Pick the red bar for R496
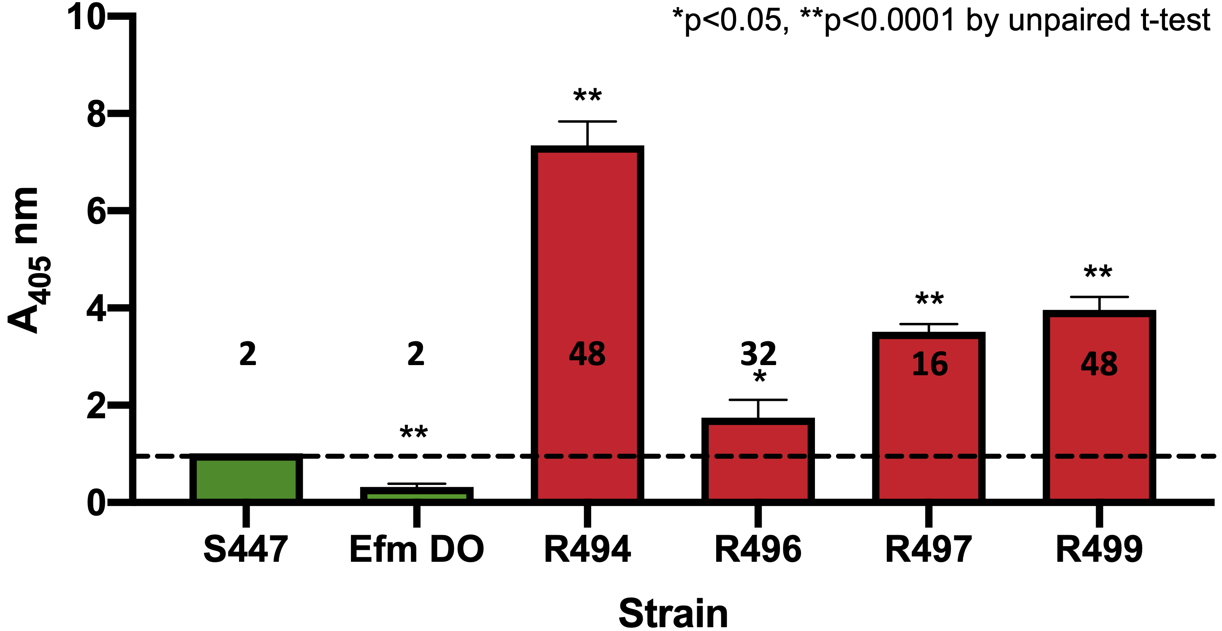(758, 460)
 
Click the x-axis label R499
(1099, 550)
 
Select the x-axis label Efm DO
(416, 550)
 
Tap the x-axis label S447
(245, 550)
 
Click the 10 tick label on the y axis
(86, 18)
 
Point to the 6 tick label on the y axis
(96, 212)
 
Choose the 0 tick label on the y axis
(96, 504)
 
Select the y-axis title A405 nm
(28, 261)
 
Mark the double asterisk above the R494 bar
(587, 96)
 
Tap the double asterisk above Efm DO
(414, 432)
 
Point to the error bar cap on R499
(1099, 297)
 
